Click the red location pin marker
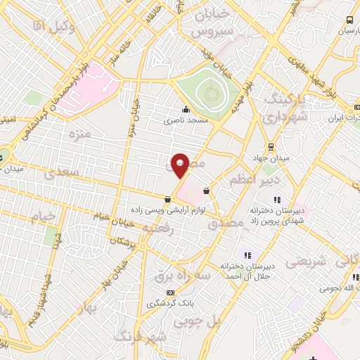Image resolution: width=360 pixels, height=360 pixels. coord(180,165)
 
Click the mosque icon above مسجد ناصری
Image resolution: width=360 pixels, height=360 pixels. coord(186,109)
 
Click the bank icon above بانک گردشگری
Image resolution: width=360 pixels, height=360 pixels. coord(169,292)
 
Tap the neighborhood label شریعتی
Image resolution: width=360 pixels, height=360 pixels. coord(305,261)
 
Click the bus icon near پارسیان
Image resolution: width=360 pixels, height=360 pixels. coord(350,20)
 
